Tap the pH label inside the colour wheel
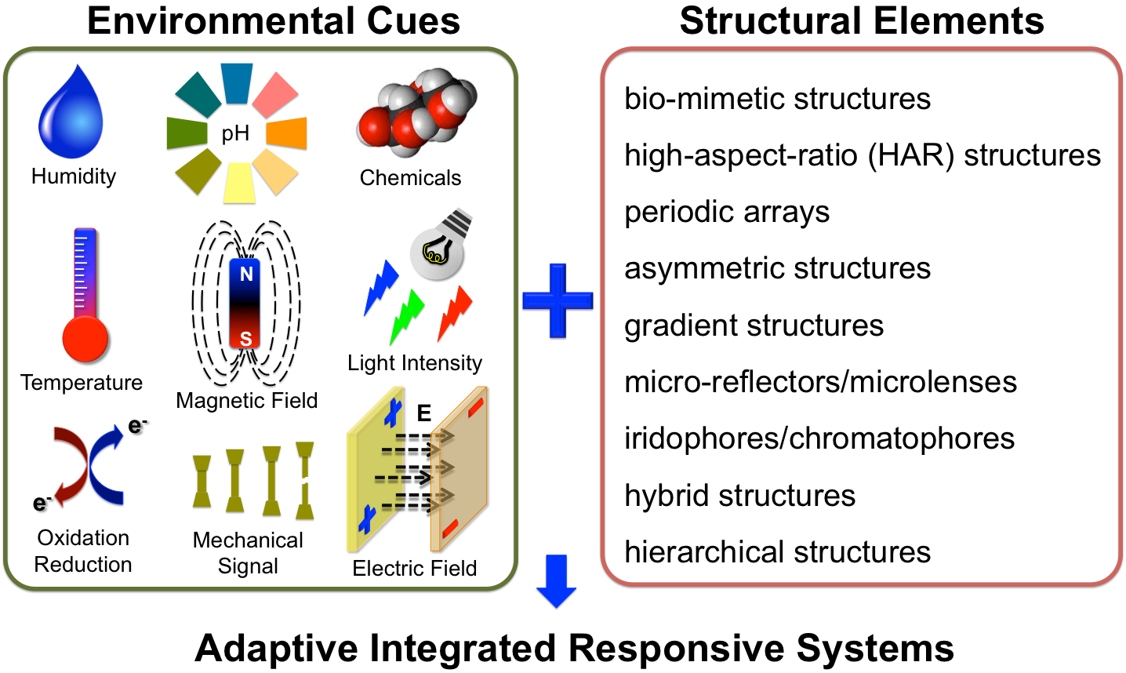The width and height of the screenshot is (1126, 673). pyautogui.click(x=235, y=134)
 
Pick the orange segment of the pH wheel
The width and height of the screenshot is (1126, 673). pyautogui.click(x=286, y=133)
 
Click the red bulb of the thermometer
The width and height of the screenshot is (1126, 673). pyautogui.click(x=85, y=339)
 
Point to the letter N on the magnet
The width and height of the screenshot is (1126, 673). pyautogui.click(x=246, y=274)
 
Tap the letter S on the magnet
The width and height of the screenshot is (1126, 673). pyautogui.click(x=245, y=339)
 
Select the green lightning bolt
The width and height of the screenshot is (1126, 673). pyautogui.click(x=407, y=317)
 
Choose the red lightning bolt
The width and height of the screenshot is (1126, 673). pyautogui.click(x=455, y=314)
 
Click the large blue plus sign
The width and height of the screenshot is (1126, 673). pyautogui.click(x=558, y=300)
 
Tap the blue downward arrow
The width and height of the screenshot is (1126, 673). pyautogui.click(x=557, y=581)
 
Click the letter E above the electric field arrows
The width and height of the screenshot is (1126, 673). pyautogui.click(x=423, y=413)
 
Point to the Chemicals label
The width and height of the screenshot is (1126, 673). pyautogui.click(x=410, y=177)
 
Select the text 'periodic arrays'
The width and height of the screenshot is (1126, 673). pyautogui.click(x=727, y=213)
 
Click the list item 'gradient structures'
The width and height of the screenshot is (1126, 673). pyautogui.click(x=754, y=326)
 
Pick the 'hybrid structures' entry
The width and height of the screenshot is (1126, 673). pyautogui.click(x=740, y=496)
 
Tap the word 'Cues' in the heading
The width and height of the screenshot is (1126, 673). pyautogui.click(x=413, y=21)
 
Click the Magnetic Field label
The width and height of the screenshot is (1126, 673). pyautogui.click(x=247, y=401)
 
